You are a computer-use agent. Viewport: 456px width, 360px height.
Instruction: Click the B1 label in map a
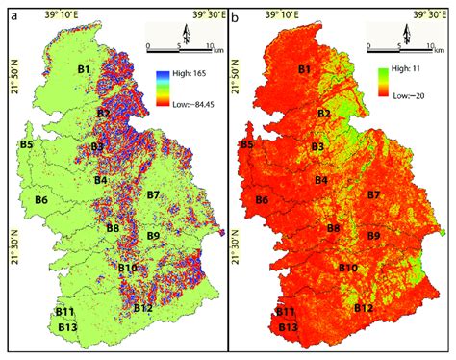click(x=84, y=69)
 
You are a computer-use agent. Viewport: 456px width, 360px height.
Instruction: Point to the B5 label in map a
click(x=27, y=144)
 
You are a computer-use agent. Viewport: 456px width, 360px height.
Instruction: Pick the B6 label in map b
click(x=263, y=200)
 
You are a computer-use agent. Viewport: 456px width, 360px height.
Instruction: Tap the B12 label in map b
click(x=363, y=308)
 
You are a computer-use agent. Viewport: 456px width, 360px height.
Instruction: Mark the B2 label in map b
click(x=324, y=114)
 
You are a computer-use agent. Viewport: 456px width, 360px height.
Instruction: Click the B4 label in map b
click(x=321, y=180)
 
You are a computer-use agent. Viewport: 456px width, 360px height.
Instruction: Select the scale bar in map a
click(x=178, y=43)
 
